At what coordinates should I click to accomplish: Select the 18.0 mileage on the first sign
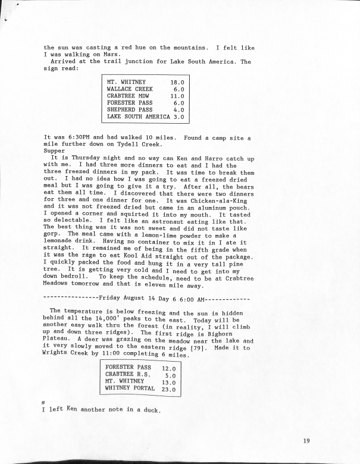(x=177, y=83)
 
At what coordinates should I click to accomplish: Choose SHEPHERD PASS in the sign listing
(x=130, y=109)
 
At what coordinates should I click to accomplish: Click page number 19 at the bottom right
(x=306, y=440)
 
